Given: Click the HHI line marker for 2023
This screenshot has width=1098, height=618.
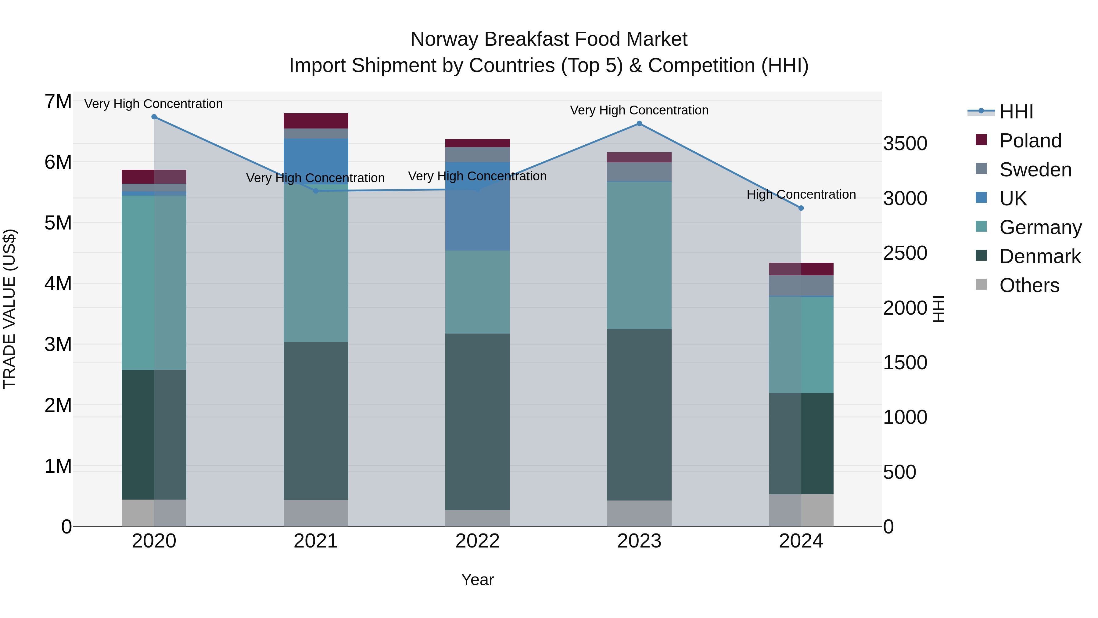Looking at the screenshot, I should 639,124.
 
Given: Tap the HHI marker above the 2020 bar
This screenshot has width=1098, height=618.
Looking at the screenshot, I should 154,117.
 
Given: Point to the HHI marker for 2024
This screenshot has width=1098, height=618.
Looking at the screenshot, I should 801,208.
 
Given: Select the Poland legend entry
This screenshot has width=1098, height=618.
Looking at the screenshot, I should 1029,141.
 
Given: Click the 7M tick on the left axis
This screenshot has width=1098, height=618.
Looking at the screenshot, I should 58,102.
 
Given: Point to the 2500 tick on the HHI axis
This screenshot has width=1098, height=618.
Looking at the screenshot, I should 905,253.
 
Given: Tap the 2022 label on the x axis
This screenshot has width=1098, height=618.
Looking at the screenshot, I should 477,541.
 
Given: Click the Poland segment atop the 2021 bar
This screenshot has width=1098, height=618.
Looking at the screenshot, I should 316,121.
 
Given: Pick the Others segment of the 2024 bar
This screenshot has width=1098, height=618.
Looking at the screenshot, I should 801,510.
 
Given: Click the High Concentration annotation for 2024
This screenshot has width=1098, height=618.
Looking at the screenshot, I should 801,194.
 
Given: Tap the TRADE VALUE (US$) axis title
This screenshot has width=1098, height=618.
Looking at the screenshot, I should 10,309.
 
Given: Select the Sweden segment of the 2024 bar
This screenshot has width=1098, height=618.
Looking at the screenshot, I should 801,285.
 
